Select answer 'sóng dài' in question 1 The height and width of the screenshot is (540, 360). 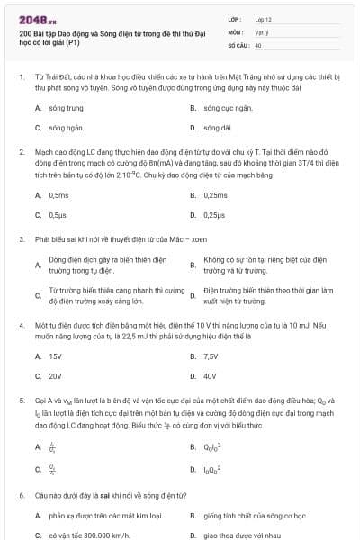pyautogui.click(x=218, y=128)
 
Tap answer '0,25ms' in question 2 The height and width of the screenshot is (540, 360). pyautogui.click(x=215, y=194)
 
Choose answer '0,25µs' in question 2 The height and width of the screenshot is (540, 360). pyautogui.click(x=214, y=215)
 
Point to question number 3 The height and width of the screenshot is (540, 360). pyautogui.click(x=21, y=239)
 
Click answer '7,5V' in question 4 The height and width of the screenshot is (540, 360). pyautogui.click(x=212, y=356)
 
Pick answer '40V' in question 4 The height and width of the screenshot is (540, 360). pyautogui.click(x=211, y=376)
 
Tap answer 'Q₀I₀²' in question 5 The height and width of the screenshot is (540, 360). pyautogui.click(x=212, y=446)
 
